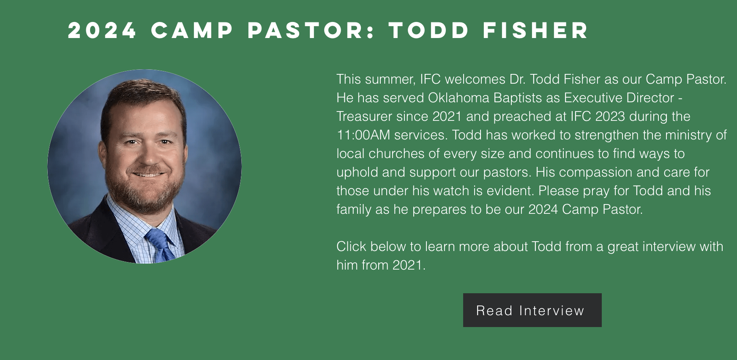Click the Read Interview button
click(x=532, y=310)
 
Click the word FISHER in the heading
click(x=535, y=30)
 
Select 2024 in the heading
click(x=102, y=30)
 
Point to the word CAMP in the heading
click(x=192, y=30)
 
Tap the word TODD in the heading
click(x=429, y=30)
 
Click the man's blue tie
click(x=160, y=245)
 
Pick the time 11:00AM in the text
click(x=363, y=135)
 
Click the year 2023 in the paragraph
click(x=610, y=116)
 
